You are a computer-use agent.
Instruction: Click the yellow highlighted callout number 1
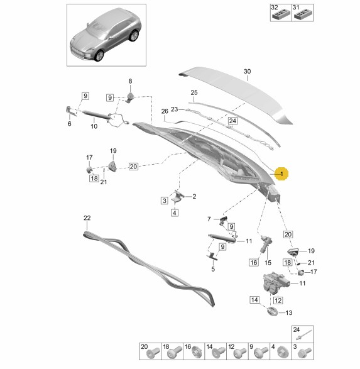click(x=281, y=174)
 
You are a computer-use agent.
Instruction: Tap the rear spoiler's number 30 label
click(x=247, y=71)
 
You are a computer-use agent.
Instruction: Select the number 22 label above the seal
click(x=87, y=218)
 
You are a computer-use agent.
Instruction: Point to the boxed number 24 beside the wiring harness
click(x=232, y=121)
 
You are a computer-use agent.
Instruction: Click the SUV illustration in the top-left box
click(x=106, y=35)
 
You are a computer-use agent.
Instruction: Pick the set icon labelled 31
click(x=303, y=15)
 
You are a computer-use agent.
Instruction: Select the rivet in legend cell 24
click(x=305, y=334)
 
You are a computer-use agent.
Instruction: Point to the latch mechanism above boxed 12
click(x=275, y=283)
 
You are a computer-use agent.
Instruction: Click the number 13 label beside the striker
click(x=289, y=313)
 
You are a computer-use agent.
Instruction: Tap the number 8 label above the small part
click(x=130, y=81)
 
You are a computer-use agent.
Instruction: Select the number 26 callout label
click(x=165, y=111)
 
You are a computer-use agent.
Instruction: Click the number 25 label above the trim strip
click(x=194, y=92)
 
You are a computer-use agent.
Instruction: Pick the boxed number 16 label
click(x=254, y=262)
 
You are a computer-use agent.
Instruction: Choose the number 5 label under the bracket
click(x=213, y=269)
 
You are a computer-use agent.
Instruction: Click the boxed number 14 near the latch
click(x=254, y=300)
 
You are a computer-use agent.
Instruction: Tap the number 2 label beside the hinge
click(x=194, y=197)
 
